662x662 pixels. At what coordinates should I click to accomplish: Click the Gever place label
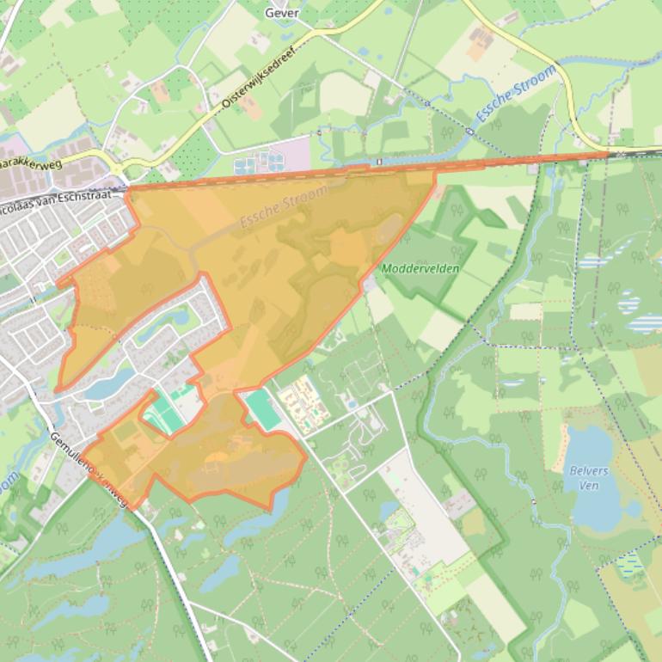[x=281, y=13]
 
